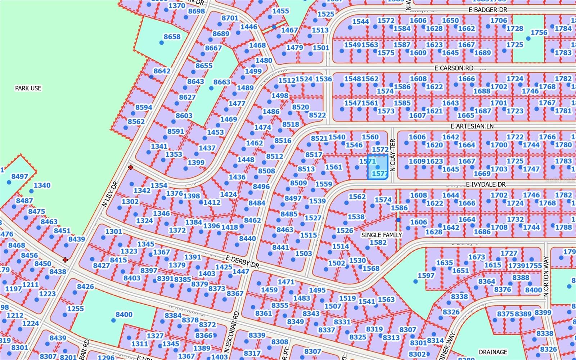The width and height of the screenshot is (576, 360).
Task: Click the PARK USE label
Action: pyautogui.click(x=28, y=88)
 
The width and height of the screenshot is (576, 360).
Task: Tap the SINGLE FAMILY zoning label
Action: pyautogui.click(x=382, y=235)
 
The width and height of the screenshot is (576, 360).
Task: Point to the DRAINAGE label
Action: pyautogui.click(x=493, y=352)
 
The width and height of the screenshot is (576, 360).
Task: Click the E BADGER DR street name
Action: pyautogui.click(x=488, y=10)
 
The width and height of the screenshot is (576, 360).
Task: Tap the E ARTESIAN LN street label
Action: pyautogui.click(x=472, y=126)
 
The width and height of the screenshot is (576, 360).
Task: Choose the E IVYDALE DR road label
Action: pyautogui.click(x=486, y=184)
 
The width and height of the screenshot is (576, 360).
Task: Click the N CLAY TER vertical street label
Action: pyautogui.click(x=393, y=155)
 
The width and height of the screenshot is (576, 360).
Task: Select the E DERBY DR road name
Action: pyautogui.click(x=243, y=262)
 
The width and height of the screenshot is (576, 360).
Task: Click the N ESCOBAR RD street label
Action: pyautogui.click(x=236, y=332)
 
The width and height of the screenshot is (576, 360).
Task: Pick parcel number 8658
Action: pyautogui.click(x=172, y=37)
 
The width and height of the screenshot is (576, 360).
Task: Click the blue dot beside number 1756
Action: pyautogui.click(x=528, y=39)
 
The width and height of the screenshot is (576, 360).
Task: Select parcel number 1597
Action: pyautogui.click(x=426, y=275)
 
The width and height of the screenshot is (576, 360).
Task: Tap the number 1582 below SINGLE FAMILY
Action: pyautogui.click(x=378, y=242)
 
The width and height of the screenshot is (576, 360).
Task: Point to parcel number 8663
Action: pyautogui.click(x=221, y=82)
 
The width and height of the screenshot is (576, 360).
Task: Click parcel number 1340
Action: pyautogui.click(x=42, y=185)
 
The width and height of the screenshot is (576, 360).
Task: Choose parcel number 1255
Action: pyautogui.click(x=75, y=309)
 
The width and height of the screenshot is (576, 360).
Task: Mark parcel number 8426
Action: pyautogui.click(x=85, y=287)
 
